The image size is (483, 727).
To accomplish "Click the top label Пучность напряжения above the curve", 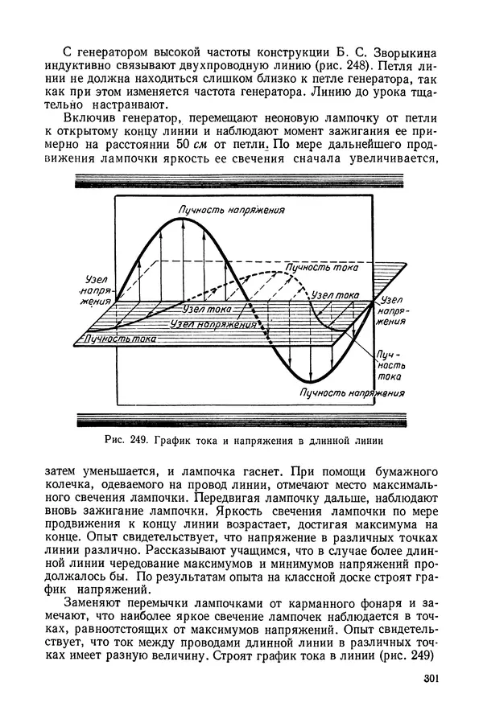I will [233, 210].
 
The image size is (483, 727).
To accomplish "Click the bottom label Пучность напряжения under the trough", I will [351, 392].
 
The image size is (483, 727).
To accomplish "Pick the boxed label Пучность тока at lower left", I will [118, 339].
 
